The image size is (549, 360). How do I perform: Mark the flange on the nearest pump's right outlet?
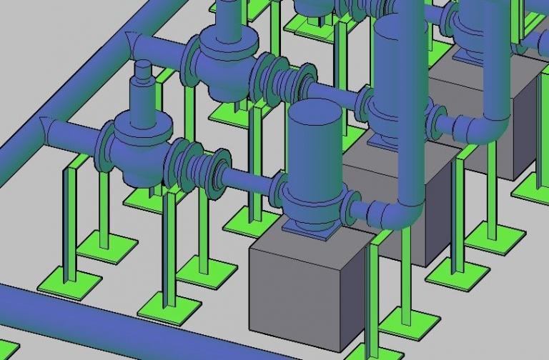(x=351, y=206)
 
